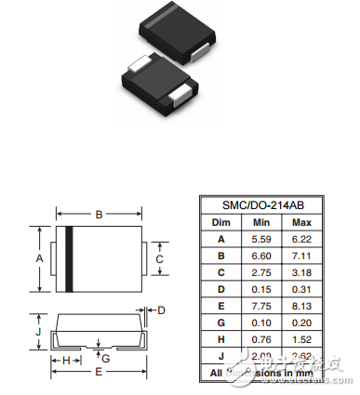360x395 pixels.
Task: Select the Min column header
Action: pos(261,223)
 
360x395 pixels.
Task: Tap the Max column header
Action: pos(301,223)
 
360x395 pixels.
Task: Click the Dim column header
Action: pos(220,223)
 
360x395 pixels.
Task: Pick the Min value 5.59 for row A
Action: pos(261,239)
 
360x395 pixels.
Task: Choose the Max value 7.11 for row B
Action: pos(301,255)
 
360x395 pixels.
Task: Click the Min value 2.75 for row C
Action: pos(261,271)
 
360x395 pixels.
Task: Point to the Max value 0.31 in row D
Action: pos(301,288)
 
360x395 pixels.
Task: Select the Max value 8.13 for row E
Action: pos(301,305)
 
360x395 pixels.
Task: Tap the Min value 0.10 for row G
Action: pos(261,322)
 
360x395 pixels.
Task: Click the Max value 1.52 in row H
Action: pos(301,338)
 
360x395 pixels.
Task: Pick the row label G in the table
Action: pos(220,322)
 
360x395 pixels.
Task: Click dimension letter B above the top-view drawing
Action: pos(99,215)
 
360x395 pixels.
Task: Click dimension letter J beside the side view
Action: pos(38,330)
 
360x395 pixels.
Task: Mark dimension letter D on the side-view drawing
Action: pos(160,309)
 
